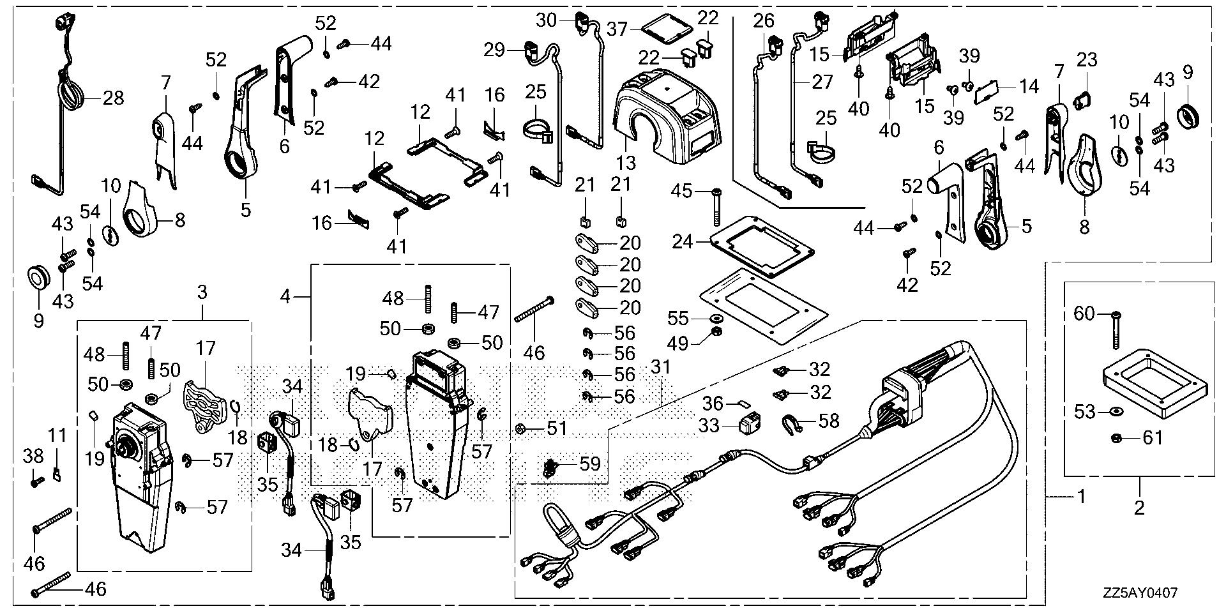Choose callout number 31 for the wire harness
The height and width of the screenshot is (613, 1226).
661,368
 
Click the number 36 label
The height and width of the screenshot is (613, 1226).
713,404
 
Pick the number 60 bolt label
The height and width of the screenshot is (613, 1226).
1084,314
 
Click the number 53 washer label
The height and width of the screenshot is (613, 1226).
1085,411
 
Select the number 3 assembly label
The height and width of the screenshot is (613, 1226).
202,293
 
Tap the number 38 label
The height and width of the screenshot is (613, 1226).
33,456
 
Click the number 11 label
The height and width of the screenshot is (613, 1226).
57,436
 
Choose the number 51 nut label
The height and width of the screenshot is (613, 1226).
557,428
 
